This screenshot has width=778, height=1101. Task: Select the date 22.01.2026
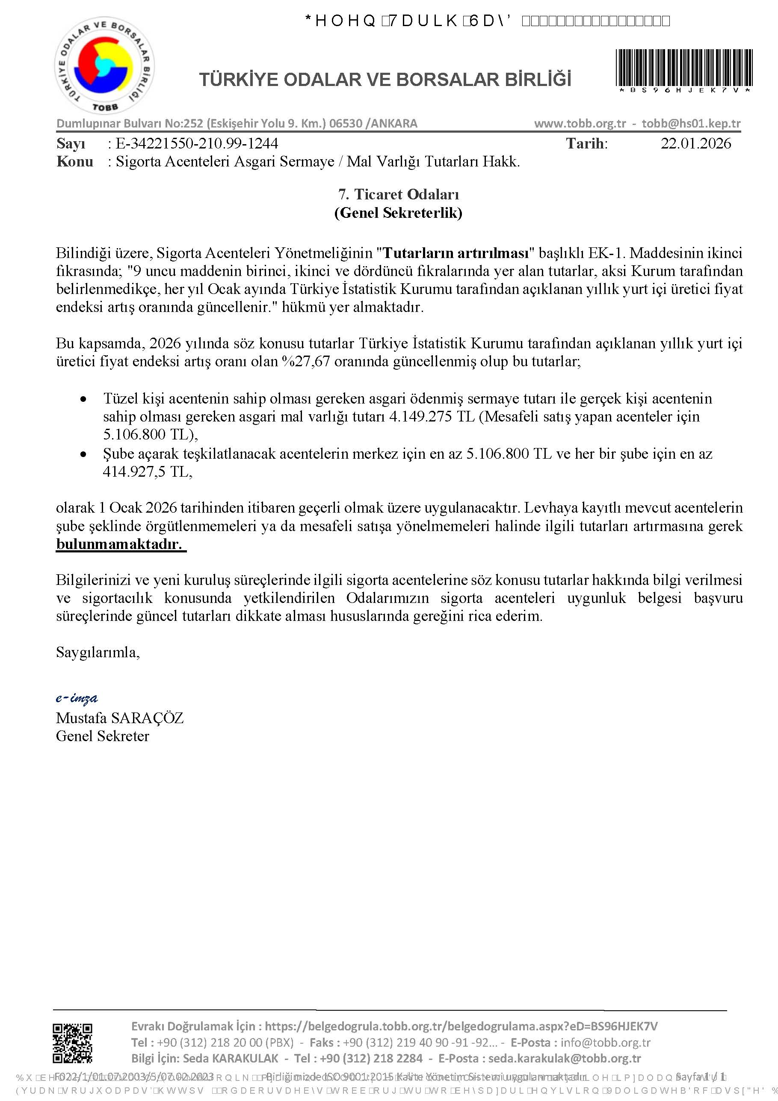695,143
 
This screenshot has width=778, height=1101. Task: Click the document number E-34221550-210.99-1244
197,143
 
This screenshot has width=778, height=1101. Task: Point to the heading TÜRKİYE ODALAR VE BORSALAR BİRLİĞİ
385,80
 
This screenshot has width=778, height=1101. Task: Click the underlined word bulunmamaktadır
120,544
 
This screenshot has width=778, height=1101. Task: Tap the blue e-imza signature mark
77,698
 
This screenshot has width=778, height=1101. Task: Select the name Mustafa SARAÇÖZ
119,718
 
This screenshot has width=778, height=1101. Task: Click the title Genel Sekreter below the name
102,736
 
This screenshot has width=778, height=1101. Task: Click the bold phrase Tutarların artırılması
456,253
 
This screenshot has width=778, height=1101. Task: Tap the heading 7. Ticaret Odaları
398,194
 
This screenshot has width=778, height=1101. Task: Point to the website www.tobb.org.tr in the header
580,123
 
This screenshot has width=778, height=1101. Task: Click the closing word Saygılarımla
98,652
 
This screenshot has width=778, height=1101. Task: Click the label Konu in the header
75,162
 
